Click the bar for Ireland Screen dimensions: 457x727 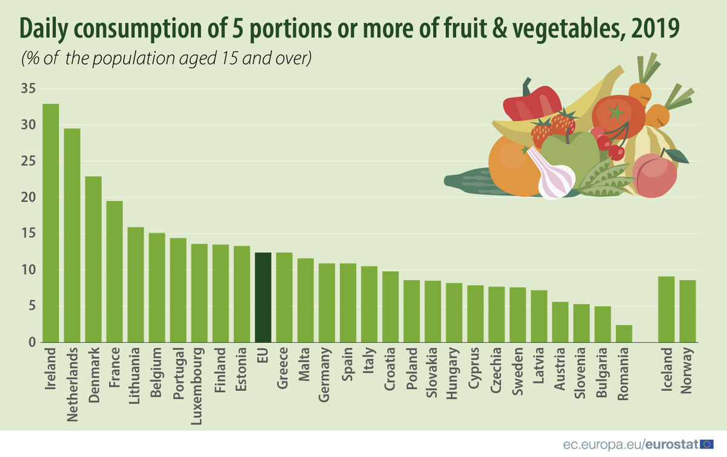(50, 223)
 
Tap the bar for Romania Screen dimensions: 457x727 (624, 334)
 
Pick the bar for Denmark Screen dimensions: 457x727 (93, 260)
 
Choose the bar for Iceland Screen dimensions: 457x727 (666, 309)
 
